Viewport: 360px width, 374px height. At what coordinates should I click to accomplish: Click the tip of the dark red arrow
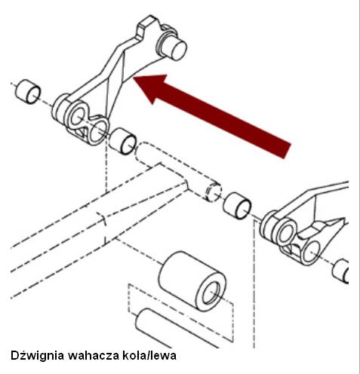coord(134,78)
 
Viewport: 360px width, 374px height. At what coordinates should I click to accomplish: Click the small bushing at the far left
coord(28,91)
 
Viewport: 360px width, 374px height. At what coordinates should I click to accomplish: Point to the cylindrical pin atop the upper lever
coord(174,47)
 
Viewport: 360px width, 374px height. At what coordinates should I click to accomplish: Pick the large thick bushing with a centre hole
coord(192,280)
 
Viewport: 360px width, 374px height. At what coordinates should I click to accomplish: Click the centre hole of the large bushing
coord(211,293)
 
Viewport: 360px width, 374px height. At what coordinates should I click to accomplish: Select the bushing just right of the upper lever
coord(123,141)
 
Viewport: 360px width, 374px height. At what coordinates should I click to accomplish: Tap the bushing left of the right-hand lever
coord(237,206)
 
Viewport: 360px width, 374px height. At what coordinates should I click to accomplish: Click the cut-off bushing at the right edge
coord(340,271)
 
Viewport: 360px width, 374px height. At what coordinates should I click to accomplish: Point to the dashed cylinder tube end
coord(214,192)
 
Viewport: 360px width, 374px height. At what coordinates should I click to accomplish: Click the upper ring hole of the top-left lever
coord(77,115)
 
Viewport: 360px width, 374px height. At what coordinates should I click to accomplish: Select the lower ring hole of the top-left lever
coord(97,131)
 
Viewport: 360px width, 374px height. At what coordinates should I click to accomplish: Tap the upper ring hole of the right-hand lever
coord(287,233)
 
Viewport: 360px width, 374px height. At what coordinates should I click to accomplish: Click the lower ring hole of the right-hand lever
coord(311,252)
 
